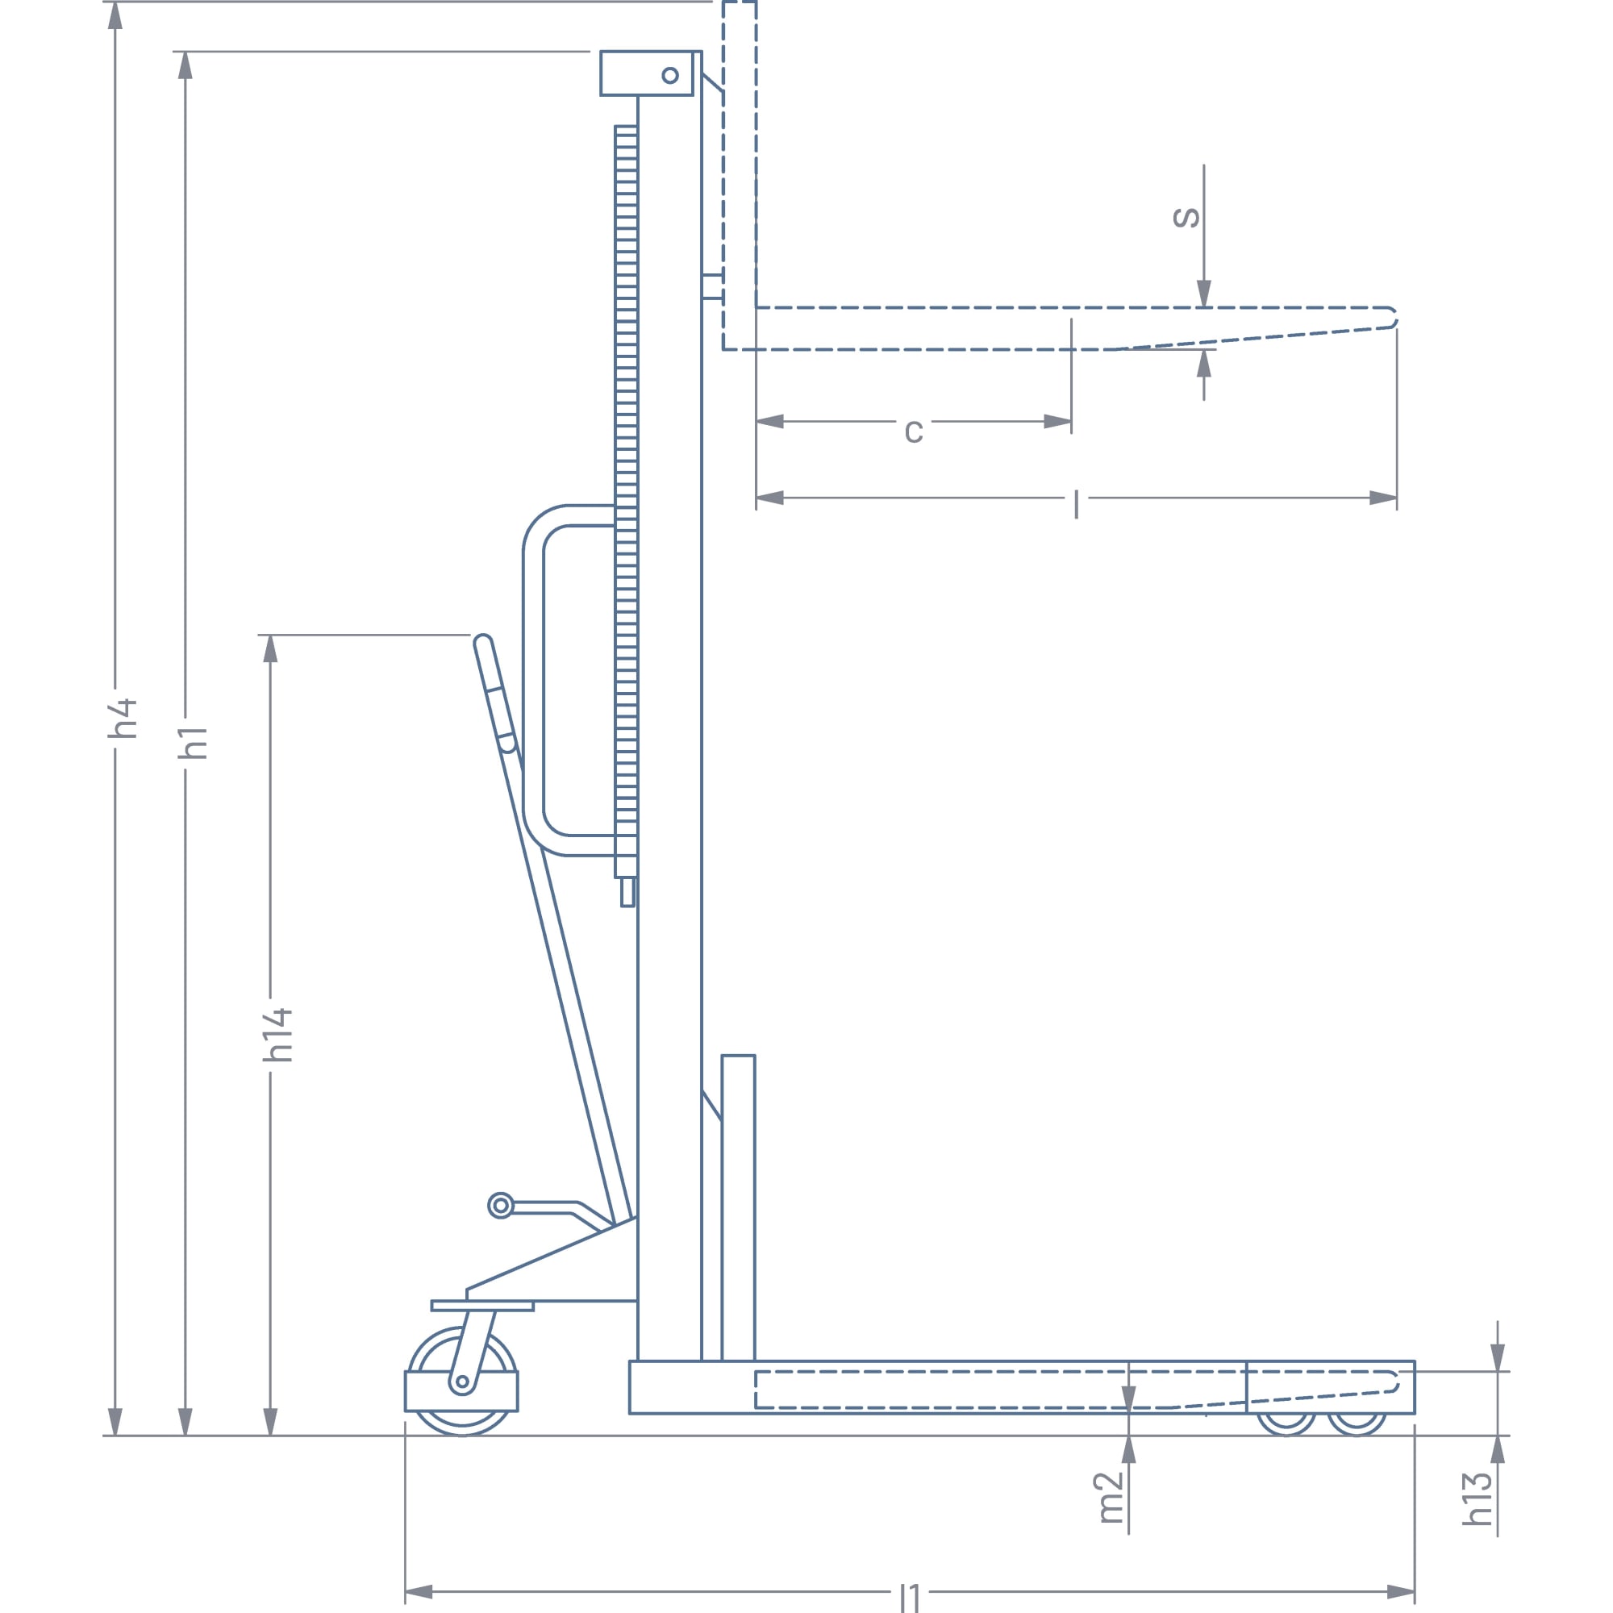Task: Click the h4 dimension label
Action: (x=123, y=718)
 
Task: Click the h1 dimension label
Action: (x=193, y=743)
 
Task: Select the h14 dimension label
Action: (x=278, y=1036)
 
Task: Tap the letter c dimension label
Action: (x=914, y=431)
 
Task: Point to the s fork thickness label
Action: (x=1186, y=217)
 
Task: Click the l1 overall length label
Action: (x=910, y=1597)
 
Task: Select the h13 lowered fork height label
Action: (x=1476, y=1498)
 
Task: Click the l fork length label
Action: (x=1076, y=504)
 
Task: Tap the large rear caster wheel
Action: (x=461, y=1382)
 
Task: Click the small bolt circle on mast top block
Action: (x=669, y=76)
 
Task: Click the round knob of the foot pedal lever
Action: (x=500, y=1206)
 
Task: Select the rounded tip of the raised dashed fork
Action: (x=1393, y=318)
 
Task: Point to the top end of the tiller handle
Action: (x=482, y=641)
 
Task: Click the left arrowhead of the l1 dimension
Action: (x=419, y=1591)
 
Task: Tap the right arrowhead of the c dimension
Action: (x=1058, y=422)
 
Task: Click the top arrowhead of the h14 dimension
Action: (x=269, y=648)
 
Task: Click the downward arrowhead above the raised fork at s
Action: (x=1204, y=293)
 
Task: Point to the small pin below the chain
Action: (x=627, y=892)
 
